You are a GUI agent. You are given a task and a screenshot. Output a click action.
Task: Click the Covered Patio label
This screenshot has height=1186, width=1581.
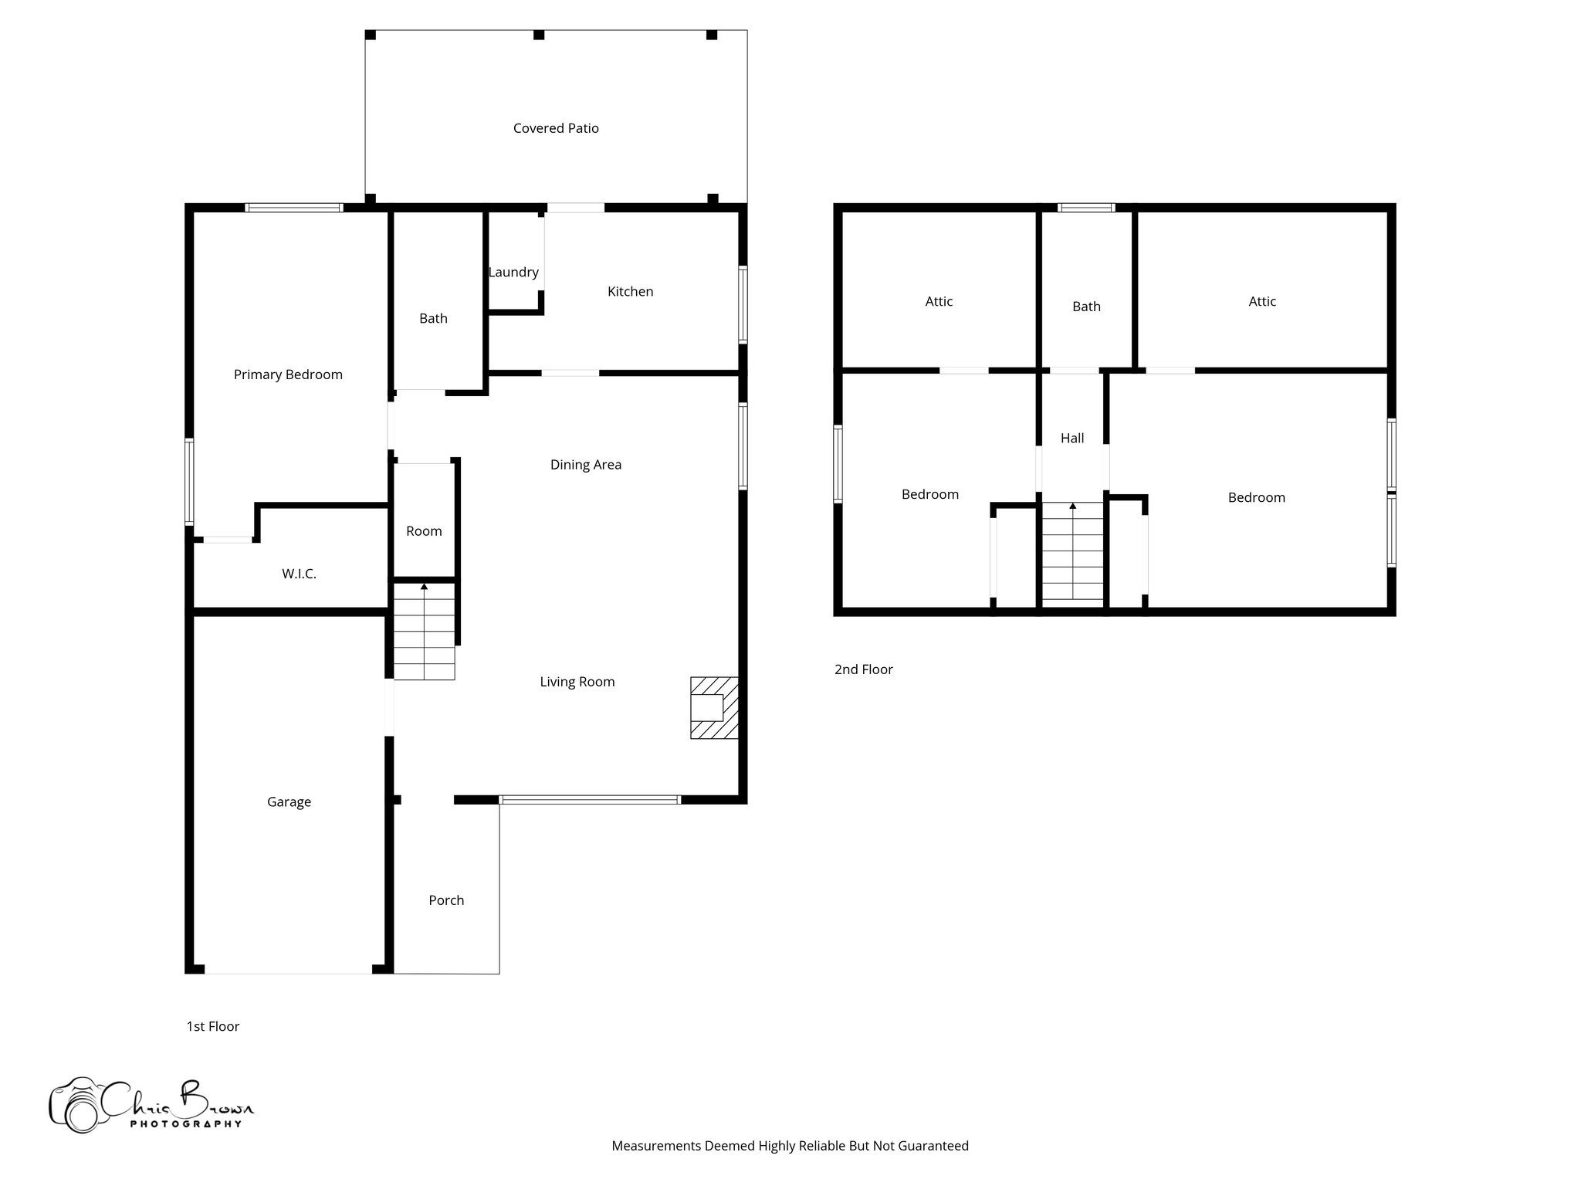tap(556, 128)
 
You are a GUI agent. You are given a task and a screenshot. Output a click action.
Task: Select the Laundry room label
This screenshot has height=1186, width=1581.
tap(513, 273)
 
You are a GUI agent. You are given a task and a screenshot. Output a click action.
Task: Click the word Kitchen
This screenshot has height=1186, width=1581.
tap(630, 292)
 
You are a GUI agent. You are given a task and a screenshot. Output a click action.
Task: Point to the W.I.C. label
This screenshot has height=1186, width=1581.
tap(299, 574)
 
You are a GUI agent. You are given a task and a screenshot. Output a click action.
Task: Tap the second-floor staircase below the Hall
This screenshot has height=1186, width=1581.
tap(1072, 551)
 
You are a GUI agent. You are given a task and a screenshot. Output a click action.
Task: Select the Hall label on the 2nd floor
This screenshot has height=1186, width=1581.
tap(1072, 439)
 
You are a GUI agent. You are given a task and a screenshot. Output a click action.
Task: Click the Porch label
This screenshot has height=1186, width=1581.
tap(446, 900)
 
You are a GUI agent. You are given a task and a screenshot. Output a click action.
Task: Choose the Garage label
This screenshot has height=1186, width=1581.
tap(289, 802)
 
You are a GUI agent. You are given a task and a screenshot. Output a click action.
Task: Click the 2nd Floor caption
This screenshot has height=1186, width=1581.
tap(863, 669)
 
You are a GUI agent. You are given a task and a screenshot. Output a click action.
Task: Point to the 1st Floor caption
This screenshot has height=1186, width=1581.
tap(213, 1026)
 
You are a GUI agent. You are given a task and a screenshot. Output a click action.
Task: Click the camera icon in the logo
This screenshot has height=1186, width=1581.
tap(76, 1106)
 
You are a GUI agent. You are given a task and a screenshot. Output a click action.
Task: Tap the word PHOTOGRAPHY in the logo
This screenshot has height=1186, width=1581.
tap(185, 1124)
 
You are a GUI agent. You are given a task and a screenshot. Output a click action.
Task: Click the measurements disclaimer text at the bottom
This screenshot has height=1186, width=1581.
tap(790, 1146)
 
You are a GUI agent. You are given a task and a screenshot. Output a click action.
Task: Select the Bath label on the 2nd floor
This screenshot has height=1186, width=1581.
tap(1086, 307)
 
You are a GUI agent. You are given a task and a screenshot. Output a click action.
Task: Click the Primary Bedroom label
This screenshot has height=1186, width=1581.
tap(288, 374)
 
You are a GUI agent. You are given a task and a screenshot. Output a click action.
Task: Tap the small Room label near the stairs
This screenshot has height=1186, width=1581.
tap(424, 531)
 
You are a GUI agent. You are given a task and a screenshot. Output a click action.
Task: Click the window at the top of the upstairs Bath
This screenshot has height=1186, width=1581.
tap(1086, 208)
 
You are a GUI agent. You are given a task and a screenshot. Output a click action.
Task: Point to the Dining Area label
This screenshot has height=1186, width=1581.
tap(585, 465)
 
